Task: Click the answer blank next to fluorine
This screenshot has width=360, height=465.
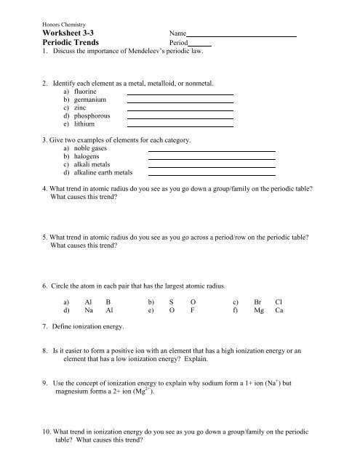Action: [180, 94]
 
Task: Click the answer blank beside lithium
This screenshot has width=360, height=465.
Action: [180, 126]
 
